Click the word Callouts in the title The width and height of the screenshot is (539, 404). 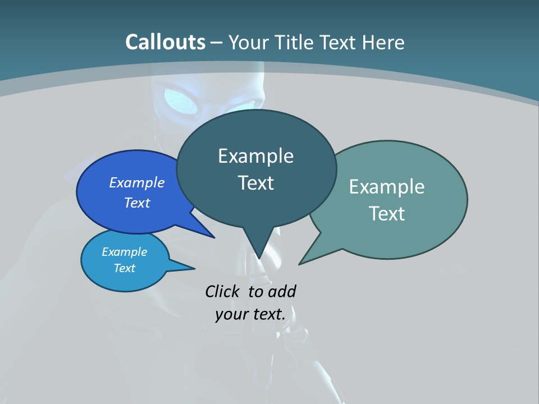[x=165, y=42]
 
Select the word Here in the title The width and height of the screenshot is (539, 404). [x=384, y=42]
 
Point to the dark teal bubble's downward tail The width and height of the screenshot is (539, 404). [x=258, y=247]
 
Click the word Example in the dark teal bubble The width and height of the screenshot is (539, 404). [x=255, y=156]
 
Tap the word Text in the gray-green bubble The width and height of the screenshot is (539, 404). [x=387, y=214]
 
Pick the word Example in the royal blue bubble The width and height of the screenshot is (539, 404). [x=137, y=182]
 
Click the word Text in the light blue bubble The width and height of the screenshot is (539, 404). [x=125, y=268]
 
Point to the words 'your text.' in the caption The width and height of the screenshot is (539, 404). [x=250, y=314]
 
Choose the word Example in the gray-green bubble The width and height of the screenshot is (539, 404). [x=387, y=187]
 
